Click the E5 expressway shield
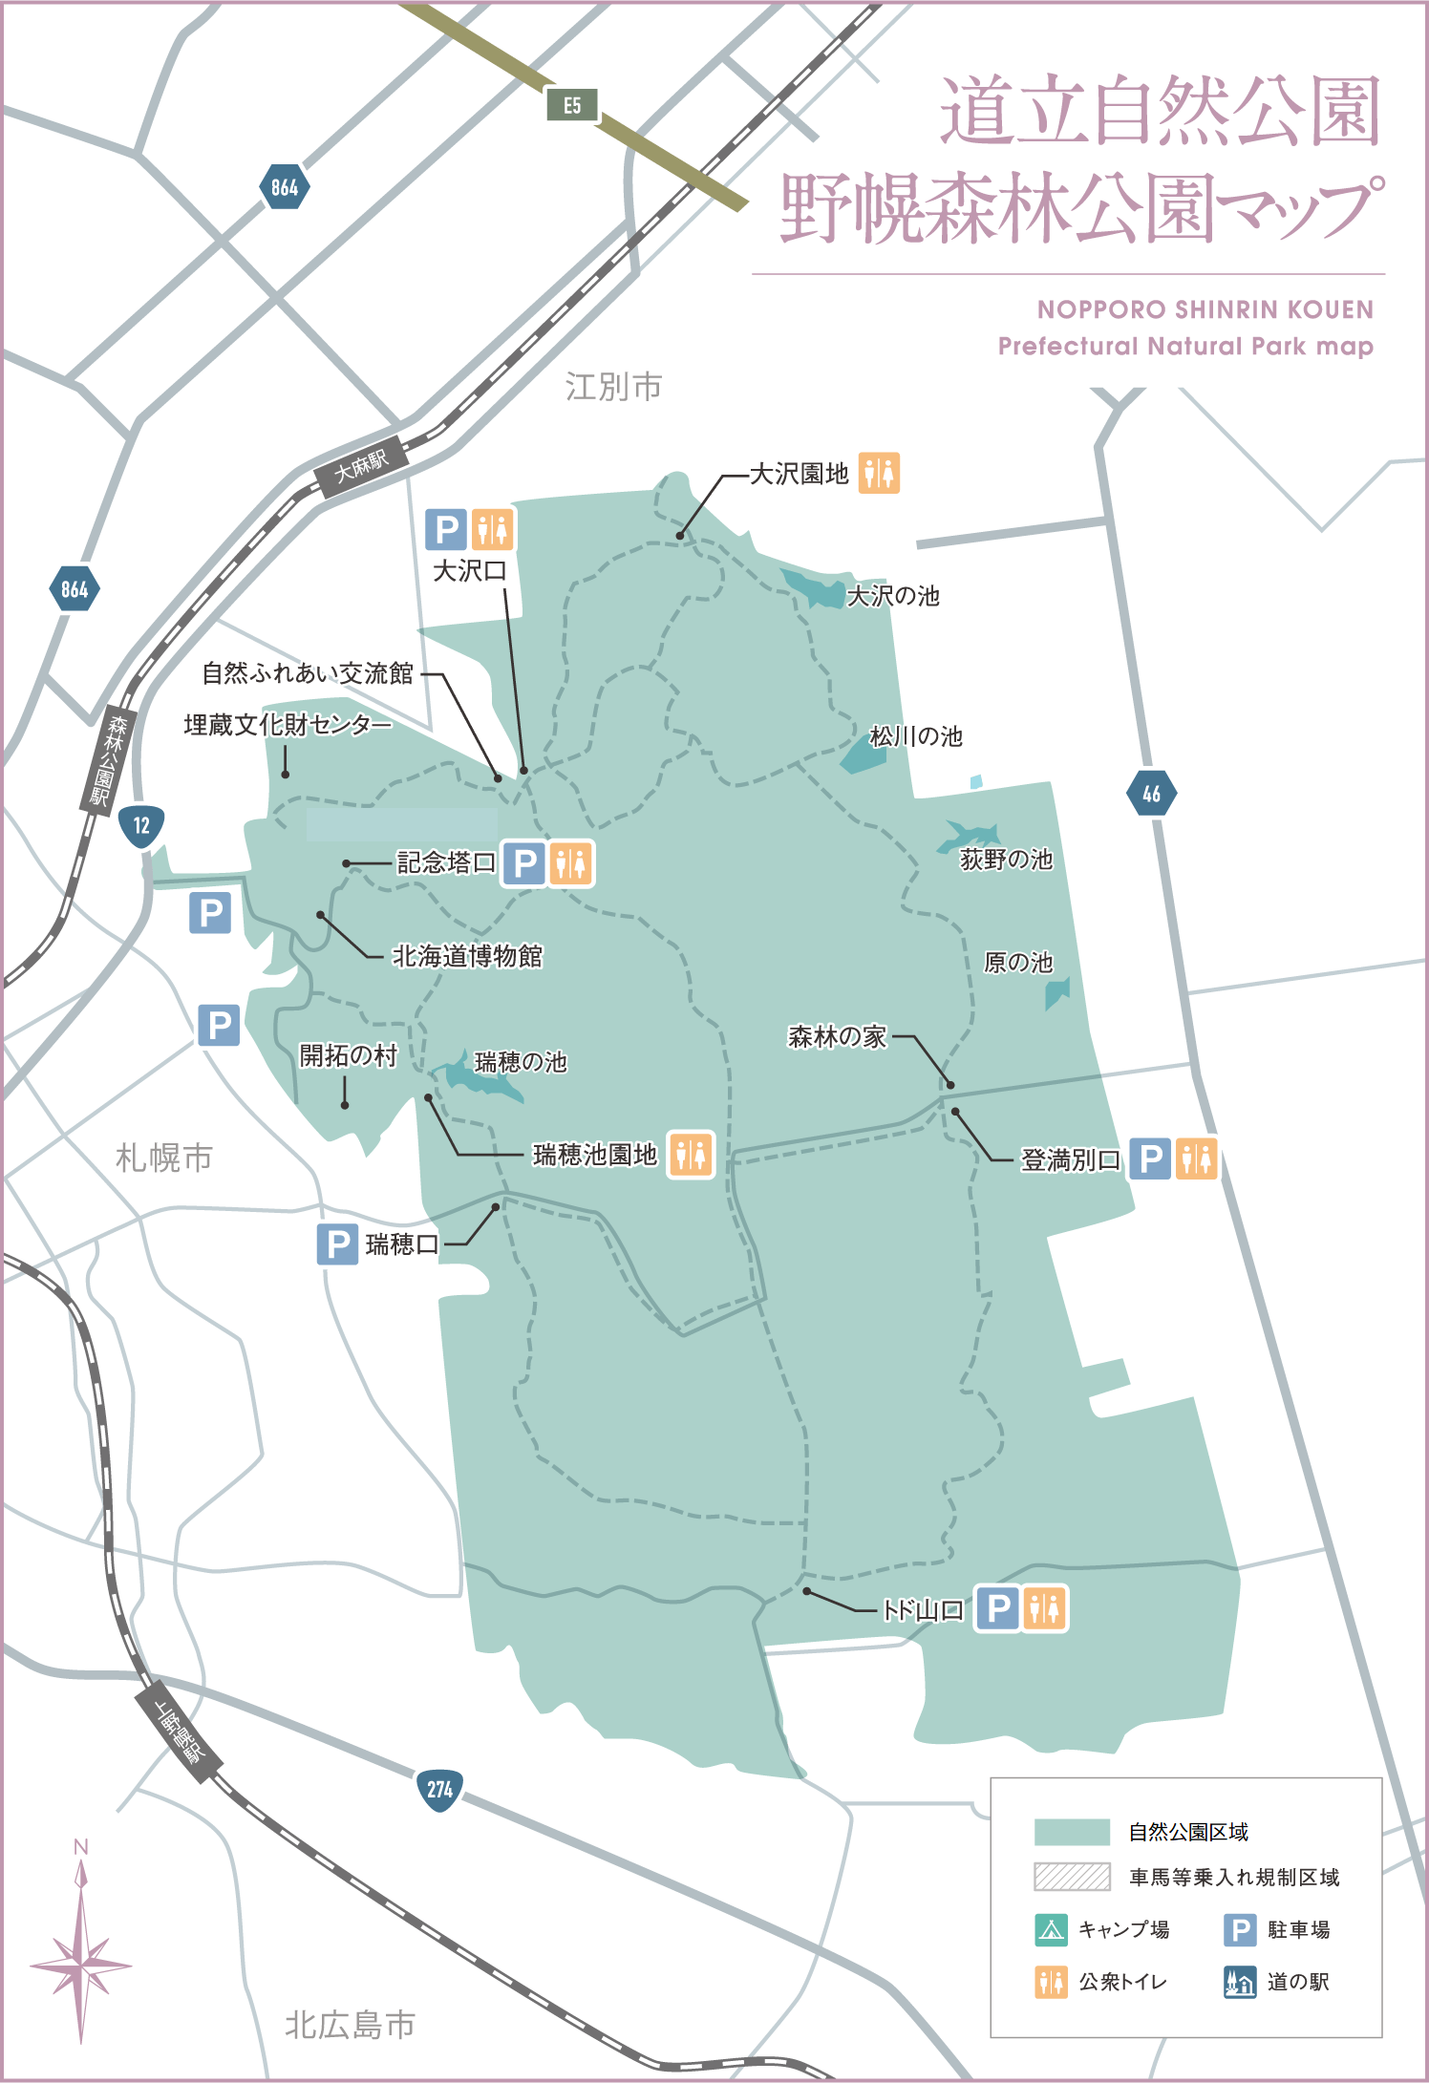571,105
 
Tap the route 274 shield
439,1789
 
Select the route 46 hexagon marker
1151,793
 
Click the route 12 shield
141,825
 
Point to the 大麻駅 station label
362,467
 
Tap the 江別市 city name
613,387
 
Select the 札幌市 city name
163,1158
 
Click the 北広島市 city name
350,2024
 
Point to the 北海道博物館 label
467,956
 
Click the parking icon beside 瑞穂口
337,1244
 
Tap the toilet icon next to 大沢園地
879,473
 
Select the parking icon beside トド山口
997,1608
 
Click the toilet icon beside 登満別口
1196,1158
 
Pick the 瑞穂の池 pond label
521,1062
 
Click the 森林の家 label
837,1036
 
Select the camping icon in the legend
1051,1930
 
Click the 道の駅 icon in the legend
1240,1982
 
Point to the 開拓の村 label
348,1055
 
